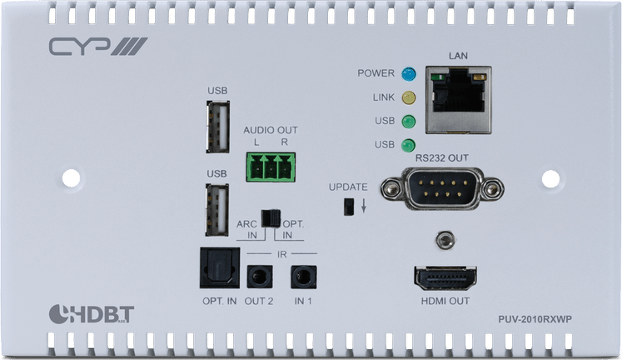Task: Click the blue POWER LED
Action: [x=408, y=73]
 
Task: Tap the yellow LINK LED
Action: [x=408, y=97]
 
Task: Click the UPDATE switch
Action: [x=351, y=206]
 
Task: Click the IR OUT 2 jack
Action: [x=260, y=277]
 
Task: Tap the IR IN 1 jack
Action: [x=301, y=277]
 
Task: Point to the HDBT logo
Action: [x=83, y=314]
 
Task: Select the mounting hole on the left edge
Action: [x=70, y=177]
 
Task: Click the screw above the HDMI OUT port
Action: [x=448, y=240]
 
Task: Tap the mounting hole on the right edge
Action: [x=553, y=177]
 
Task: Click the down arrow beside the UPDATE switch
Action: [x=365, y=205]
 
